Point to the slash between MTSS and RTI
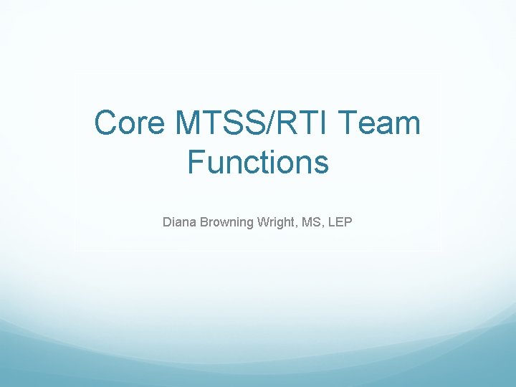267,123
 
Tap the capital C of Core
107,123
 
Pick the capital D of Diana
167,222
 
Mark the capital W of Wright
260,222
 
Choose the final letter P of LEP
348,222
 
